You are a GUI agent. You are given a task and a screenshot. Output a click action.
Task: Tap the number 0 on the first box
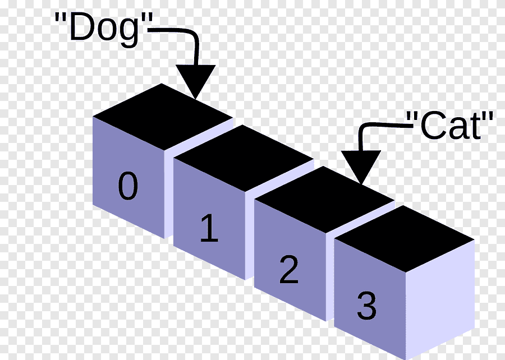point(128,187)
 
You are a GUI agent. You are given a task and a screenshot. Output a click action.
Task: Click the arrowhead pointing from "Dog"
point(196,81)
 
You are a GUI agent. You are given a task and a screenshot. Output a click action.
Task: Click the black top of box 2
point(324,197)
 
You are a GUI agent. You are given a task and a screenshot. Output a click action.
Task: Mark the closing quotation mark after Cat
point(488,117)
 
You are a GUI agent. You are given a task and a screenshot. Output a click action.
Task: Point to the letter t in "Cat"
point(475,126)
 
